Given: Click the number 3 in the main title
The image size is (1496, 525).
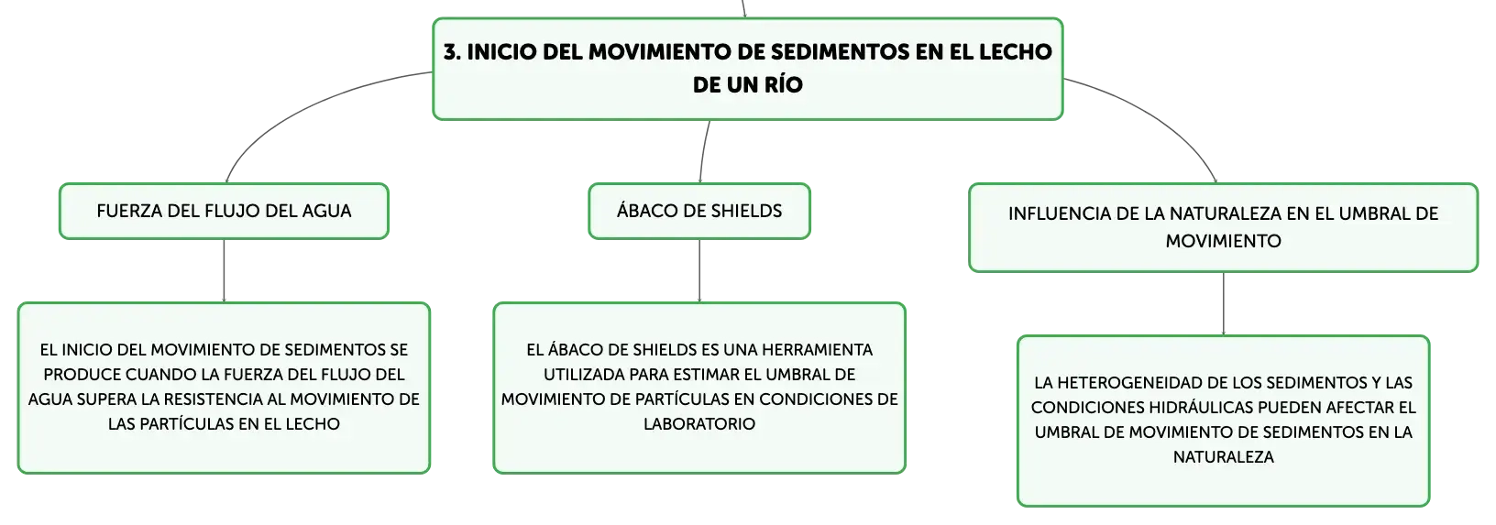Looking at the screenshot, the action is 452,52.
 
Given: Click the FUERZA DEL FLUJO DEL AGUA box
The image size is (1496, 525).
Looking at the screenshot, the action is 224,211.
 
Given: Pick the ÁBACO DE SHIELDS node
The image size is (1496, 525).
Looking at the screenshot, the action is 699,211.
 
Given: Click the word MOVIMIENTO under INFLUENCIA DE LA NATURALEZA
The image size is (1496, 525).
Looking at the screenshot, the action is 1224,241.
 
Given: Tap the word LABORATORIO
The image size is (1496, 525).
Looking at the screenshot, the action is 699,424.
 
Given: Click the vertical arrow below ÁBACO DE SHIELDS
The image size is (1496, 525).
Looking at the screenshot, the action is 699,270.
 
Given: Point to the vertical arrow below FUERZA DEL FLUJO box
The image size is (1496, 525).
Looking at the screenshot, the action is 224,270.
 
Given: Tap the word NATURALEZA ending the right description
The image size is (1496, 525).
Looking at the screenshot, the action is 1224,457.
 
